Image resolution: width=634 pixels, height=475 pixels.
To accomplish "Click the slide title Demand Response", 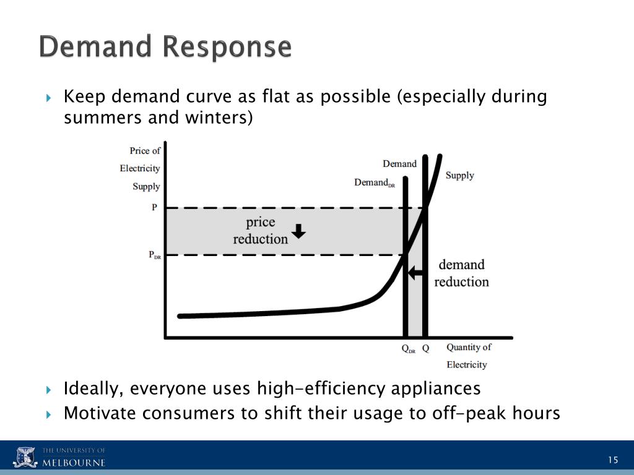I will click(165, 48).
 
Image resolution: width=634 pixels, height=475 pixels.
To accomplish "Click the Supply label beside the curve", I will click(459, 176).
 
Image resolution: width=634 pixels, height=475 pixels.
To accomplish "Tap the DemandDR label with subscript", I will click(374, 182).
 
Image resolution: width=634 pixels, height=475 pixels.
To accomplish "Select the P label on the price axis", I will click(154, 208).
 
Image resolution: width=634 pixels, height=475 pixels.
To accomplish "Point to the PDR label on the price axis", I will click(155, 255).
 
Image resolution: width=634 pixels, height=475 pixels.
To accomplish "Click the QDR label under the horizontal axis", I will click(409, 349).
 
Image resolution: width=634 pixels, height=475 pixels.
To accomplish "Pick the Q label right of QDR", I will click(426, 348).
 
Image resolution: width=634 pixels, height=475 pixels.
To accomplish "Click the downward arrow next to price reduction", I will click(298, 231).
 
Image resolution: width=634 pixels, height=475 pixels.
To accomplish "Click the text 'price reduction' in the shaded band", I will click(261, 230).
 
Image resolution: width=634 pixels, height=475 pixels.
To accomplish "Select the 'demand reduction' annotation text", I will click(461, 273).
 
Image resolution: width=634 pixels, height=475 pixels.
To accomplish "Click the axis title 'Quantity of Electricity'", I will click(469, 356).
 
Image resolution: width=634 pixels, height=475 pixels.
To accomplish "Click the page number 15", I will click(613, 460).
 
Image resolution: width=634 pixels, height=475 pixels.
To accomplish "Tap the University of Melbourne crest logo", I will click(25, 457).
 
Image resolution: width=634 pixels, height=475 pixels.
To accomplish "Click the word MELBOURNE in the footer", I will click(74, 463).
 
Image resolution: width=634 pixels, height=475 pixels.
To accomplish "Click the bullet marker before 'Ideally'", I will click(50, 390).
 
